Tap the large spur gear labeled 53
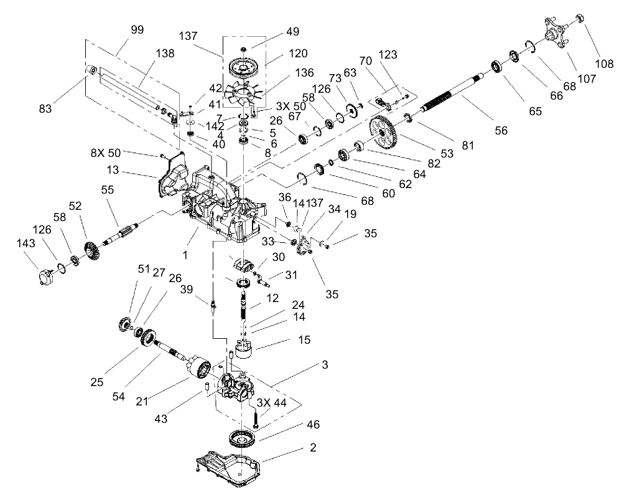pos(384,131)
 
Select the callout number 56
pos(501,130)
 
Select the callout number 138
pos(147,55)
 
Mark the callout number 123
pos(387,55)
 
